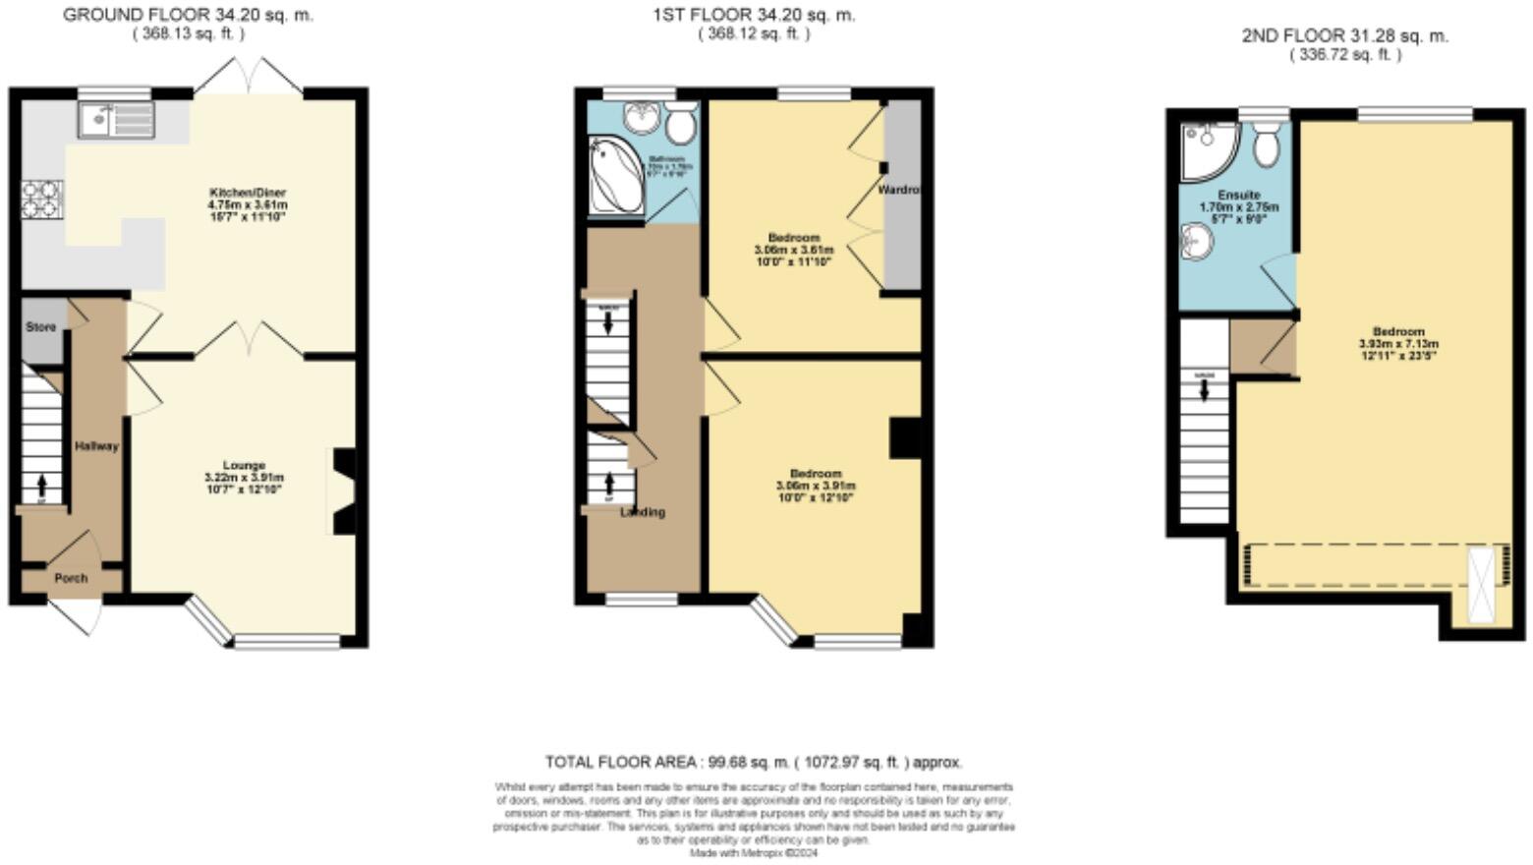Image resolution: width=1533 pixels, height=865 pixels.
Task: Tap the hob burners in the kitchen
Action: [42, 199]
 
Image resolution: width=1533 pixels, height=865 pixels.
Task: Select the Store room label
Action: [40, 327]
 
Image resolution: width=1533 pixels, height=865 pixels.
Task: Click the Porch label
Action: [71, 578]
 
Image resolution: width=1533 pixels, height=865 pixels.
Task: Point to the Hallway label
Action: [96, 446]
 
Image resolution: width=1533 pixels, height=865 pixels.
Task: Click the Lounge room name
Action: [244, 465]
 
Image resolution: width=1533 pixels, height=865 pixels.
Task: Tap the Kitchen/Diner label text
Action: [247, 192]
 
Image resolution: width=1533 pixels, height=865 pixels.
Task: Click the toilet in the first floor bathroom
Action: [680, 122]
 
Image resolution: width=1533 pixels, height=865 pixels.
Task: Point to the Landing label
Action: [643, 512]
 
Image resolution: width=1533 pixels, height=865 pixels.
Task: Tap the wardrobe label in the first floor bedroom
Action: [899, 189]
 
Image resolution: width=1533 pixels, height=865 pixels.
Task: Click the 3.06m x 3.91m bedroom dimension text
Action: [816, 486]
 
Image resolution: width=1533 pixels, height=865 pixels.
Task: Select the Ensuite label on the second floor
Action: [1238, 196]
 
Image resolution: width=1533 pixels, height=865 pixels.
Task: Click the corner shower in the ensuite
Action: [1205, 148]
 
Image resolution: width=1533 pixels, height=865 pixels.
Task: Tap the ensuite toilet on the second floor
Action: [1266, 144]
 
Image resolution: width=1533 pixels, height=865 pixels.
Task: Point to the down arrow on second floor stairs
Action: [1204, 390]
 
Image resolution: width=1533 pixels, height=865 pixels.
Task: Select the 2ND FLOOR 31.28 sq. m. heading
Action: [1344, 36]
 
